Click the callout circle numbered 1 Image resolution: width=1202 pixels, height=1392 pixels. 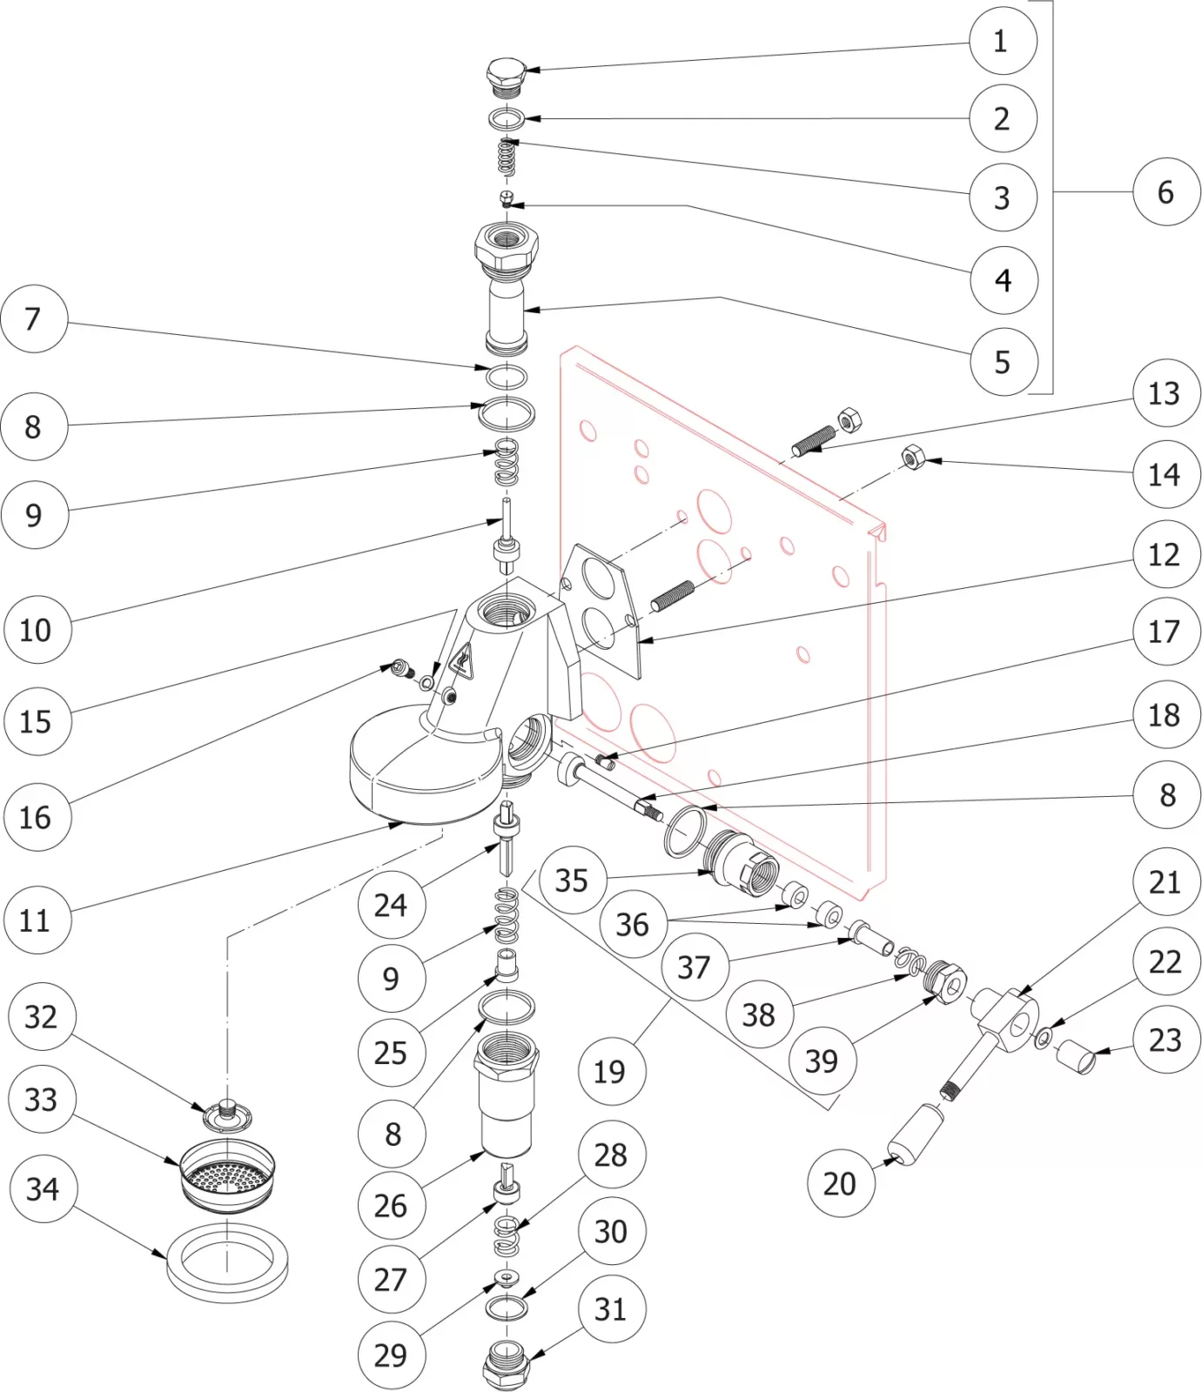coord(1002,41)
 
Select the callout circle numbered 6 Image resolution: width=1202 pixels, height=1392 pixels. coord(1165,191)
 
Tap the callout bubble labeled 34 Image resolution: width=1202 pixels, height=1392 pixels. coord(43,1188)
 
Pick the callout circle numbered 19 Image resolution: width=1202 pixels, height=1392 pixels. coord(610,1071)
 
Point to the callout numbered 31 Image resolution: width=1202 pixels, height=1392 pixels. coord(611,1308)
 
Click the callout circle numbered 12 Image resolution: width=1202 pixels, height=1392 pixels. coord(1164,554)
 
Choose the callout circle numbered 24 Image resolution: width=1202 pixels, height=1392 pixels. coord(391,905)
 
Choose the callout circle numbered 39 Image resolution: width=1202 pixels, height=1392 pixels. coord(822,1061)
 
